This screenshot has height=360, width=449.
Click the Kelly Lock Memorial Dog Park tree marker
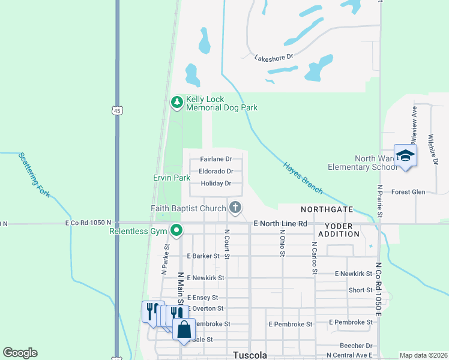[176, 103]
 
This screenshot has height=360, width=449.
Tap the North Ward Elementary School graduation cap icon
[405, 155]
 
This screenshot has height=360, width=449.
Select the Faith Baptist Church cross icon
[235, 208]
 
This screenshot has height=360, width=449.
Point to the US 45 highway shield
[116, 110]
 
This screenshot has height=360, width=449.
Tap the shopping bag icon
[184, 329]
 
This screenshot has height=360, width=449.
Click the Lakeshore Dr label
[273, 58]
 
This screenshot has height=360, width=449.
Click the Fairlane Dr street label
[216, 159]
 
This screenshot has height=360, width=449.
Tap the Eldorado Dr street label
[216, 171]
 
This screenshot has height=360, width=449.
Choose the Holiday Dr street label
[216, 183]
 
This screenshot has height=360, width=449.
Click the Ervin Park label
[171, 178]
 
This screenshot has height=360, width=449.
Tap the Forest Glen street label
[408, 192]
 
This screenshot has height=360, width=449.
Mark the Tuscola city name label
[250, 355]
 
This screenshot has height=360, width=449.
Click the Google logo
[20, 353]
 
